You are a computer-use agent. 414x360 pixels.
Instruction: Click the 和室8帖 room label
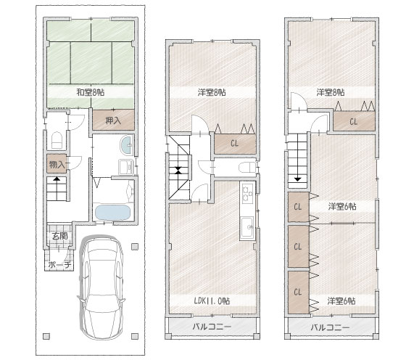point(91,92)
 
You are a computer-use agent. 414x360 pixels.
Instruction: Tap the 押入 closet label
point(113,120)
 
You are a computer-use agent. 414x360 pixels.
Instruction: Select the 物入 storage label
point(57,165)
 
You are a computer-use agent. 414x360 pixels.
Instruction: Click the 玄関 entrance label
point(59,236)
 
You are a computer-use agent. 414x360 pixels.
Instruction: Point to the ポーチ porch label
point(59,265)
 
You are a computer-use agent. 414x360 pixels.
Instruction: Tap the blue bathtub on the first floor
point(112,212)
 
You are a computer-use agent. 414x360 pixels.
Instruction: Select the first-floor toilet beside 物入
point(57,140)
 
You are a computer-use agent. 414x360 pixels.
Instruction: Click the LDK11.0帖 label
point(212,300)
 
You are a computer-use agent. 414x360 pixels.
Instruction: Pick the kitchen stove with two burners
point(248,194)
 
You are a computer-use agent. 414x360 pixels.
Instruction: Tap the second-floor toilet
point(247,168)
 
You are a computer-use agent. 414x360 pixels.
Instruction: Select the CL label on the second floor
point(234,144)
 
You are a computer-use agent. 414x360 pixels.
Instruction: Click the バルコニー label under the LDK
point(212,327)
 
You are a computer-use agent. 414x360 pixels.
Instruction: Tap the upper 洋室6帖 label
point(342,206)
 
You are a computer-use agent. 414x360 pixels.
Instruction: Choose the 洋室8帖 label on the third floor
point(331,92)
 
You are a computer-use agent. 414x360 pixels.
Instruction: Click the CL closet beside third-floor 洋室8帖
point(354,121)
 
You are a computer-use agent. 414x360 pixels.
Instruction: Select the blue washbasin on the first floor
point(127,145)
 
